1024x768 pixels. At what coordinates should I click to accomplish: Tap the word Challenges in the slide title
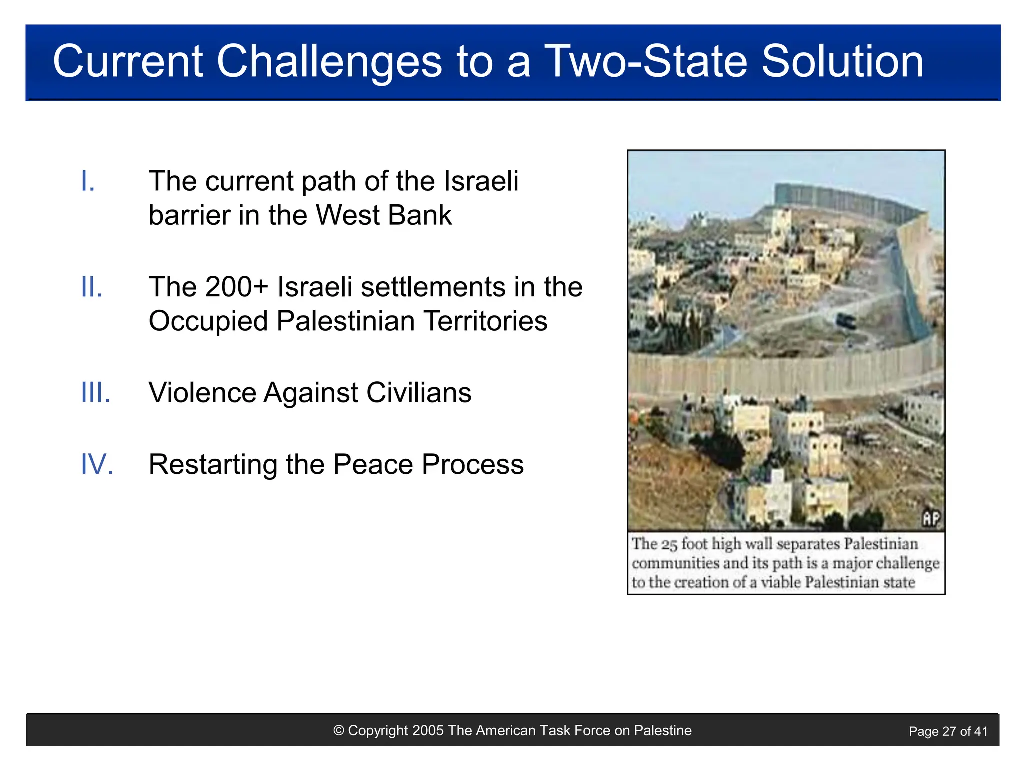pyautogui.click(x=329, y=62)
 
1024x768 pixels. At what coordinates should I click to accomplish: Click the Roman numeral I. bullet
pyautogui.click(x=88, y=181)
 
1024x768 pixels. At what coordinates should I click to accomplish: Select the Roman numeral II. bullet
pyautogui.click(x=92, y=287)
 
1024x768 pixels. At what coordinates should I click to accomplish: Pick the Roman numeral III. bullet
pyautogui.click(x=96, y=393)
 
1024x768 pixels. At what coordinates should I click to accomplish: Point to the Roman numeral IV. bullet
pyautogui.click(x=97, y=464)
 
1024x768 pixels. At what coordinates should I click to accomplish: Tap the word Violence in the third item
pyautogui.click(x=202, y=393)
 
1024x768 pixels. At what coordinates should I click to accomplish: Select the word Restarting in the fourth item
pyautogui.click(x=213, y=465)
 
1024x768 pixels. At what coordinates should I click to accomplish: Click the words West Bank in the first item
pyautogui.click(x=384, y=215)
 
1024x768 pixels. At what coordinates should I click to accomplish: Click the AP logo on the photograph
pyautogui.click(x=931, y=519)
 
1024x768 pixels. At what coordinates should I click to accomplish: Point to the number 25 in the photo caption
pyautogui.click(x=669, y=544)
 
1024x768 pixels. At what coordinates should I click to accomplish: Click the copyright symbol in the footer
pyautogui.click(x=339, y=731)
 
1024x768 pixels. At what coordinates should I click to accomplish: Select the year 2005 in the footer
pyautogui.click(x=428, y=731)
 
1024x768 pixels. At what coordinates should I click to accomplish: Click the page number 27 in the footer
pyautogui.click(x=949, y=732)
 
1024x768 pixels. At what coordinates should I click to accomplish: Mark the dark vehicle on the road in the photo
pyautogui.click(x=846, y=321)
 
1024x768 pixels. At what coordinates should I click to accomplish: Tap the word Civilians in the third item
pyautogui.click(x=419, y=393)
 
